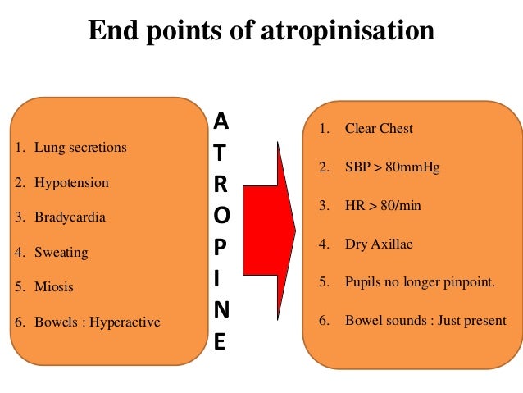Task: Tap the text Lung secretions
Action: [x=80, y=148]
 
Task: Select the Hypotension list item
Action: [x=71, y=183]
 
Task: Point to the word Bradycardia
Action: [x=70, y=217]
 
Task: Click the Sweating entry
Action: [x=61, y=253]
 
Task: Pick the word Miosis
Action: [x=54, y=287]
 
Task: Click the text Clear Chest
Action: [x=379, y=129]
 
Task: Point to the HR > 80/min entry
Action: [x=382, y=205]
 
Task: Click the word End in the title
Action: [x=110, y=31]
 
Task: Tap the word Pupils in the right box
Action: [x=362, y=281]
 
